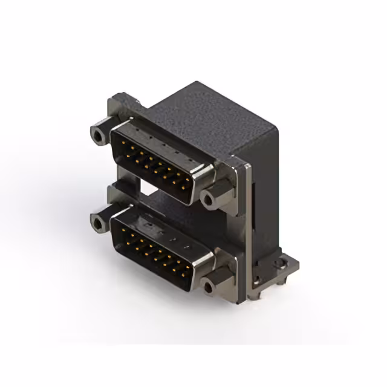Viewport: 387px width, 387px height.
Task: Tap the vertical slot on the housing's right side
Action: [252, 212]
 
